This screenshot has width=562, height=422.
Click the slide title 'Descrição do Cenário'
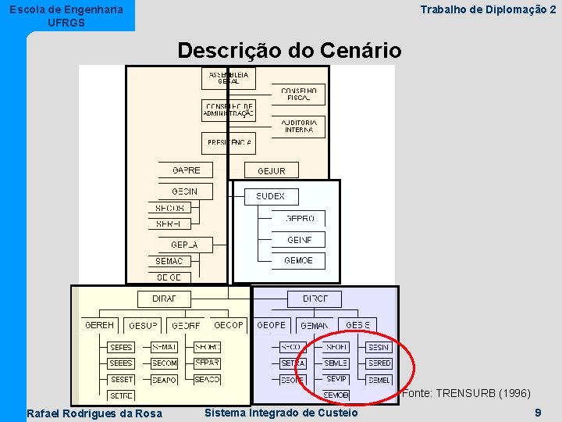point(289,52)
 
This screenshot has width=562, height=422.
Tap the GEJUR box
point(271,170)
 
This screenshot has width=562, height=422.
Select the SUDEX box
point(271,196)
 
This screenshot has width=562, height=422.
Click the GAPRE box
point(186,170)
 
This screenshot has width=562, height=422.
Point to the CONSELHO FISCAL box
point(298,95)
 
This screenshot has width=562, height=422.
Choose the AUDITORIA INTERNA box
point(298,126)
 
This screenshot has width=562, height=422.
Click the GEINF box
point(299,240)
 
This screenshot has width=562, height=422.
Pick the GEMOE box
point(299,260)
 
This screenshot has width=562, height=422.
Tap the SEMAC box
point(169,261)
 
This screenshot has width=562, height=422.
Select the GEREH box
point(99,325)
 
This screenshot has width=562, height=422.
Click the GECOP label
point(229,325)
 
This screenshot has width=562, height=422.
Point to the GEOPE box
point(272,325)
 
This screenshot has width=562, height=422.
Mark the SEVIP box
point(336,379)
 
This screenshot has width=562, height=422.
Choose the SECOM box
point(165,363)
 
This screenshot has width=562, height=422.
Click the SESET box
point(122,379)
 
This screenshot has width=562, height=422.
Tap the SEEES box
point(122,363)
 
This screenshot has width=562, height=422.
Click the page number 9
point(538,412)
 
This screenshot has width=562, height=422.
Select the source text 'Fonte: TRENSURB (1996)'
point(466,393)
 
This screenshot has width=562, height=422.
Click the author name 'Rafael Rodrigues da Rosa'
point(94,413)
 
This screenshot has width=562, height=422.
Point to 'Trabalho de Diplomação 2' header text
point(488,9)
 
